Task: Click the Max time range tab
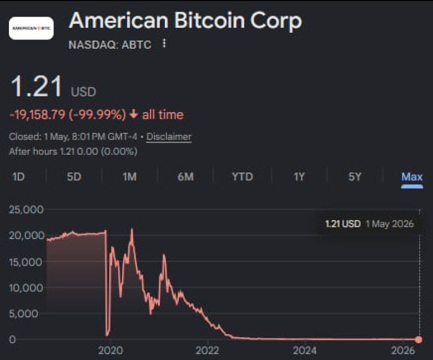[412, 176]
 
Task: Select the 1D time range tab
[18, 176]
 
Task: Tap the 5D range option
[74, 176]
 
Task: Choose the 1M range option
[129, 176]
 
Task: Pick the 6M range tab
[185, 176]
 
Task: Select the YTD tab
[242, 176]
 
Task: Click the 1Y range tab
[299, 176]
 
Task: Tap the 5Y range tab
[355, 176]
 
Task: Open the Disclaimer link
[169, 136]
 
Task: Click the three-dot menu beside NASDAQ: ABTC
[164, 43]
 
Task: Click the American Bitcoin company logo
[31, 28]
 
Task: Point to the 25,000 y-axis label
[26, 210]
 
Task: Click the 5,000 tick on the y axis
[23, 313]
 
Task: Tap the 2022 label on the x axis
[207, 351]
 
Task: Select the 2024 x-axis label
[305, 351]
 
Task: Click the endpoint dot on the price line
[419, 339]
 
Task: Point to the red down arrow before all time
[134, 114]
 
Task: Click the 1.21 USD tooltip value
[343, 224]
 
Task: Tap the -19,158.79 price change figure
[38, 114]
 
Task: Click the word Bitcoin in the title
[210, 21]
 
